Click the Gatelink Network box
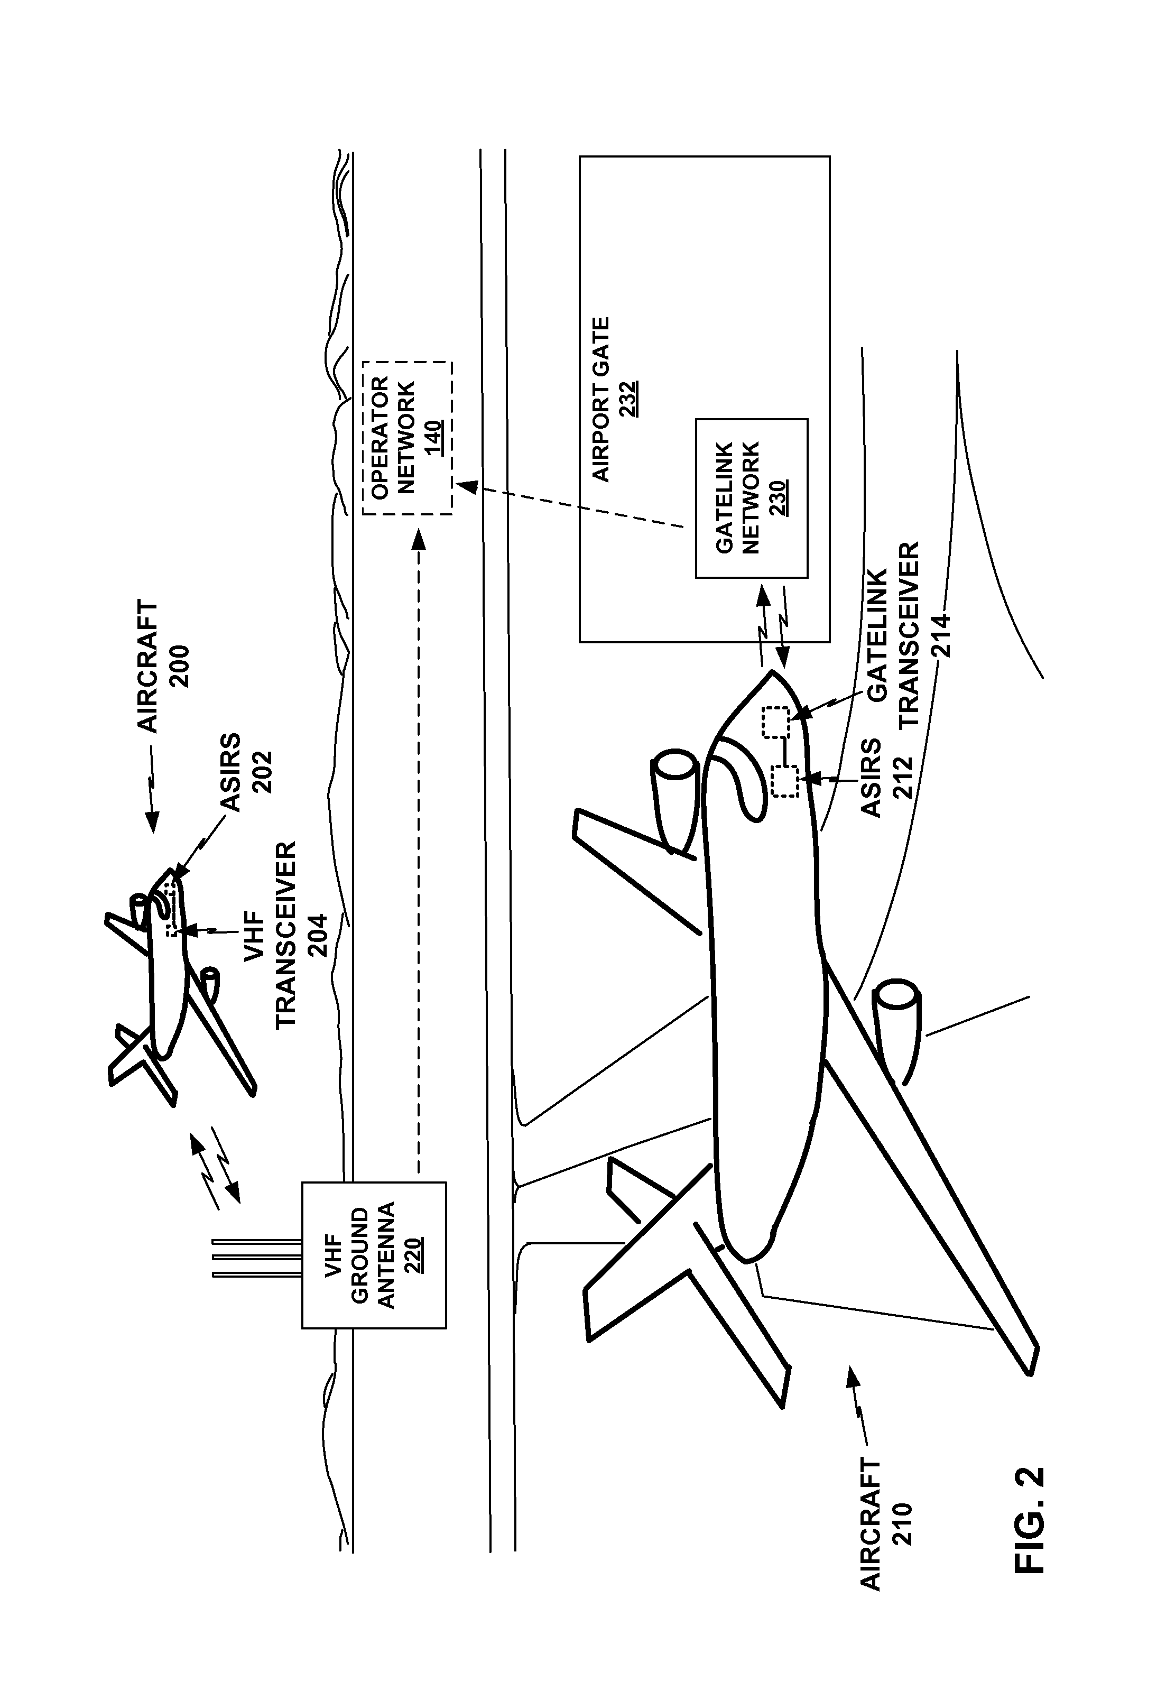(751, 498)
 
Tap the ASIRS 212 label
(886, 778)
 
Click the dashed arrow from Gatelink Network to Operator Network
(570, 503)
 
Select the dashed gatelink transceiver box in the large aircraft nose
(775, 722)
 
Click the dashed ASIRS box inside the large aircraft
(785, 781)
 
